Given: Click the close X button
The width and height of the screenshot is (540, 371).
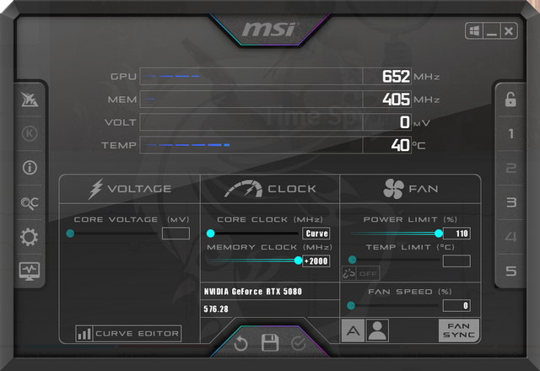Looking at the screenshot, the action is click(x=508, y=31).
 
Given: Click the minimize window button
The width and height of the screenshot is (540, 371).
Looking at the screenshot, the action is click(x=491, y=31).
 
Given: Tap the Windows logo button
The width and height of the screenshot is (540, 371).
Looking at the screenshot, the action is click(x=474, y=31).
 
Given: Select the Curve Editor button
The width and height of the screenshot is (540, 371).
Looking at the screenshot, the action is click(x=128, y=334).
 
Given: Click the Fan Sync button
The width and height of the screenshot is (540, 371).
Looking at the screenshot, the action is click(x=458, y=331).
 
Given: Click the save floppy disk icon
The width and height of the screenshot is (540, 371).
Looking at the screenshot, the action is click(x=270, y=342).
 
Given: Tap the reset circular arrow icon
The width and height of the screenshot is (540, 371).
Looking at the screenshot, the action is click(x=240, y=343).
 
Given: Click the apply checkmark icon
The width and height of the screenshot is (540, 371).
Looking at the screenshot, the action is click(x=298, y=343).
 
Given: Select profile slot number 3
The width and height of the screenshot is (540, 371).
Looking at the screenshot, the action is click(x=511, y=202).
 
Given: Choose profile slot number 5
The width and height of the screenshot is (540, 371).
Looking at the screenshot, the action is click(x=511, y=272).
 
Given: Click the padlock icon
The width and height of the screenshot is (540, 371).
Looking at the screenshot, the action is click(x=510, y=99).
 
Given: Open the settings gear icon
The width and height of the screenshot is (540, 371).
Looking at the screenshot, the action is click(x=30, y=237).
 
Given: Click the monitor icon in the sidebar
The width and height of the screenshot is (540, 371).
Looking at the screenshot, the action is click(x=30, y=272).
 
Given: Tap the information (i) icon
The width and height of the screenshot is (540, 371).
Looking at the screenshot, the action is click(x=30, y=168).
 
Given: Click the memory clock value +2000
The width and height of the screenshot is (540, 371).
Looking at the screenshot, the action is click(x=316, y=261).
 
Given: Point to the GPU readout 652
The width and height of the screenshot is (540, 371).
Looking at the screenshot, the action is click(x=396, y=77).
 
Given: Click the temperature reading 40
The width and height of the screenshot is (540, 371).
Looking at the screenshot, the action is click(x=400, y=145).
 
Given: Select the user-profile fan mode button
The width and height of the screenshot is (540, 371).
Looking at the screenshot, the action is click(x=377, y=331).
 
